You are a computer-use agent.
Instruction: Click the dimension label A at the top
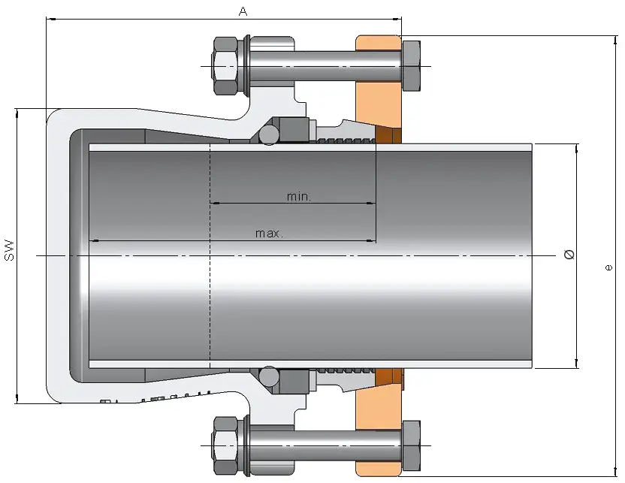coord(243,11)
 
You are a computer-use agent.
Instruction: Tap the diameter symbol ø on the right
coord(569,255)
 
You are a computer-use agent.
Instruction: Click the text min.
coord(299,196)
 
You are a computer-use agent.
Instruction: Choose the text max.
coord(269,234)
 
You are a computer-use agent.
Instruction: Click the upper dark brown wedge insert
coord(386,135)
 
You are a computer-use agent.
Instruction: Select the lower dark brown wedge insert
coord(386,375)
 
